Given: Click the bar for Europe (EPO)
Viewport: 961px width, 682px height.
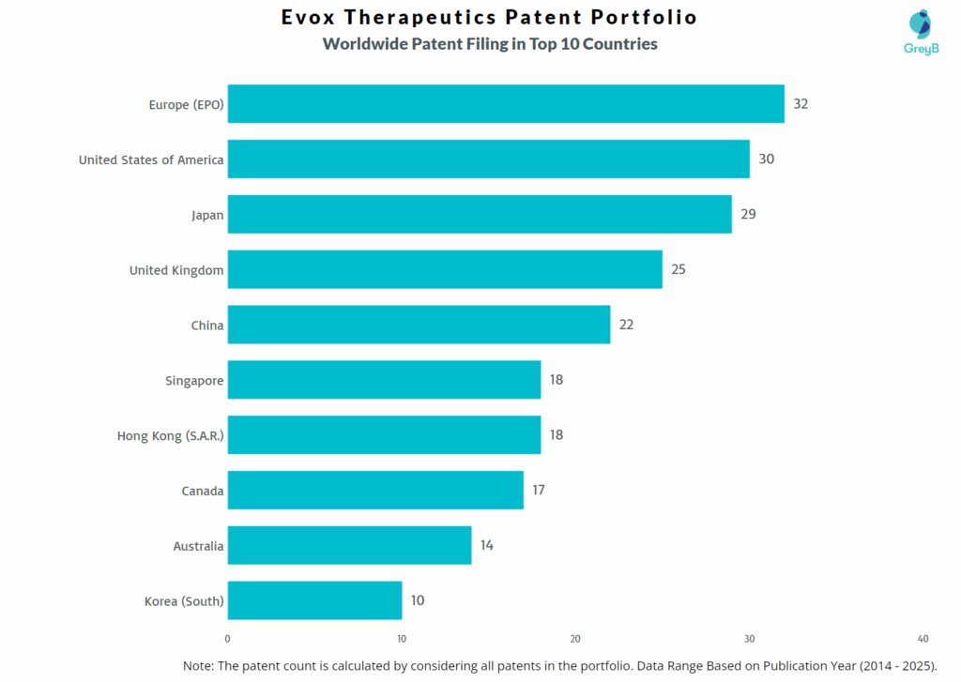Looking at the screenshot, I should pos(506,104).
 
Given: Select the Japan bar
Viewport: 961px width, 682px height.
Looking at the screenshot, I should pos(480,215).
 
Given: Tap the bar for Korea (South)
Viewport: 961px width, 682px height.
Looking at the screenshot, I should pos(314,600).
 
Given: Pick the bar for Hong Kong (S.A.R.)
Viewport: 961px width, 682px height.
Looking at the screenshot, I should pos(384,435).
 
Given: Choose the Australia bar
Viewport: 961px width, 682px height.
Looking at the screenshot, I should pos(349,545).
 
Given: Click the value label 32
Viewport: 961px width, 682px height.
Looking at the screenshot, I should pos(801,104).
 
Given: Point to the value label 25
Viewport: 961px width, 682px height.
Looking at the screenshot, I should pos(679,270).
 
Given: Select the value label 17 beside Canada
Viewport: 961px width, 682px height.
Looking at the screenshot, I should pos(539,490).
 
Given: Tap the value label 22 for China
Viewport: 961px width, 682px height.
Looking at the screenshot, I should pos(626,325).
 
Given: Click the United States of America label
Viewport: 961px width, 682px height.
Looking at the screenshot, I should pos(151,159).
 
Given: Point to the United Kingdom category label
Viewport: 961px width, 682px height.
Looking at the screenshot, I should pos(176,270).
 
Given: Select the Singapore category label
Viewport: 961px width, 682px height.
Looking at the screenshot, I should pos(194,380).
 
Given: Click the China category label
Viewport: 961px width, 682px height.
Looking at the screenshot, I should pos(207,326).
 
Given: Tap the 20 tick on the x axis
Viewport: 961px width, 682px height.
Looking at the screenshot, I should pos(575,639).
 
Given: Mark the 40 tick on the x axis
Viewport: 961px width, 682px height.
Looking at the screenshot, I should pos(923,639).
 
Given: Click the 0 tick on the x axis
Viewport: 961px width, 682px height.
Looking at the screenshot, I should pos(228,639).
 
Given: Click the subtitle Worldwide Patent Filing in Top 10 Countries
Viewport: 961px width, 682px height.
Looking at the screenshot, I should pos(490,44).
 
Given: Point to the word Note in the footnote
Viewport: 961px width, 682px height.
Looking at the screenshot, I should pos(198,664).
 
